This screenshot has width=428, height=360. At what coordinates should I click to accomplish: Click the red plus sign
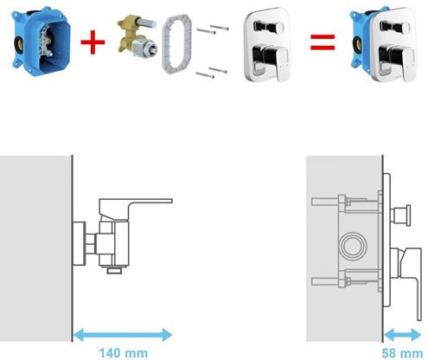point(93,42)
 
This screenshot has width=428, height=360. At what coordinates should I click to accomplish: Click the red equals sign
point(323,42)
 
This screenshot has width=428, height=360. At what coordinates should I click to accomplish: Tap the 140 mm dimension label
point(124,353)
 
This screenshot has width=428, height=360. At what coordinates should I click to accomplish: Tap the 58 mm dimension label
point(402,353)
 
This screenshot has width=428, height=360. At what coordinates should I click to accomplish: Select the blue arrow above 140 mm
point(123,335)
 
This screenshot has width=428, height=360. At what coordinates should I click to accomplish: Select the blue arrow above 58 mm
point(403,335)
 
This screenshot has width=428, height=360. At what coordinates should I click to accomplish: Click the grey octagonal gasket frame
point(176,44)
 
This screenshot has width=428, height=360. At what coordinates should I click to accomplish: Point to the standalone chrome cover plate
point(267,44)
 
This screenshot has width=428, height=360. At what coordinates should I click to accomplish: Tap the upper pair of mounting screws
point(213,29)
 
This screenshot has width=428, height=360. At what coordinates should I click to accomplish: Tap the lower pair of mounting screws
point(212,73)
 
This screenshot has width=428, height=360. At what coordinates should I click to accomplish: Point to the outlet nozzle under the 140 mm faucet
point(114,270)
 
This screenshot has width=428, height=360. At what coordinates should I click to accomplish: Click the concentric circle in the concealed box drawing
point(353,245)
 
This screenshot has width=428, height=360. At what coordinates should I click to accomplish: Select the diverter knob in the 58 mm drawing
point(400,215)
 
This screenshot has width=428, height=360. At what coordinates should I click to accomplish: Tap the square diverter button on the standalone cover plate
point(267,27)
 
